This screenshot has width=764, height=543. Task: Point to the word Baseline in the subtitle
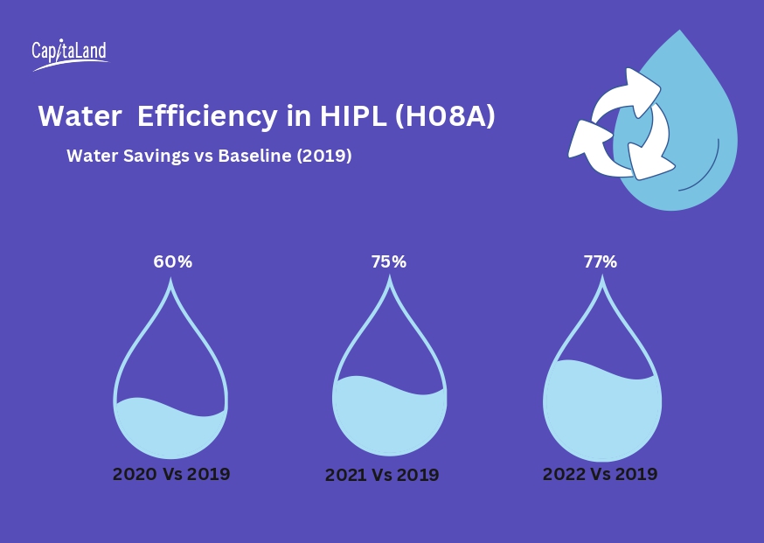(253, 157)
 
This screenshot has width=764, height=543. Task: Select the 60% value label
(172, 261)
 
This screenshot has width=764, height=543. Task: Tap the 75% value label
(388, 261)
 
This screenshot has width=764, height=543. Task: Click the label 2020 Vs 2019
(171, 474)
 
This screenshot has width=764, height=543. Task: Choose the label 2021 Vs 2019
(382, 475)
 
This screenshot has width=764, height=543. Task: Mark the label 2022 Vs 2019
(600, 474)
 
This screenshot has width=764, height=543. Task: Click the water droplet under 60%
(171, 393)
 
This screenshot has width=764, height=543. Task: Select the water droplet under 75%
(389, 393)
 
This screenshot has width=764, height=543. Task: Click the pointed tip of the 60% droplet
(171, 282)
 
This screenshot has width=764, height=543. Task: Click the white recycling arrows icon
(622, 125)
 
